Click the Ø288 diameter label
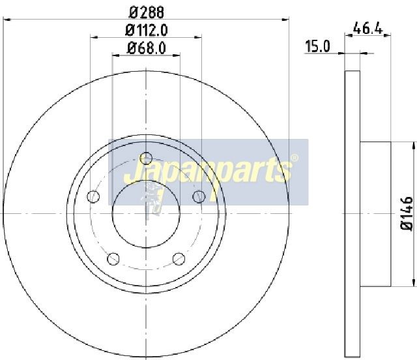(146, 12)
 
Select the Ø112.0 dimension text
(146, 31)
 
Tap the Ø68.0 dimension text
(147, 48)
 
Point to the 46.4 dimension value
(367, 28)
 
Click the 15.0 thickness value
(317, 46)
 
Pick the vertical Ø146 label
(407, 213)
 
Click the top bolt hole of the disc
(146, 158)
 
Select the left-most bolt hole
(93, 197)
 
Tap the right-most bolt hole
(199, 197)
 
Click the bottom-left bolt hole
(113, 258)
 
